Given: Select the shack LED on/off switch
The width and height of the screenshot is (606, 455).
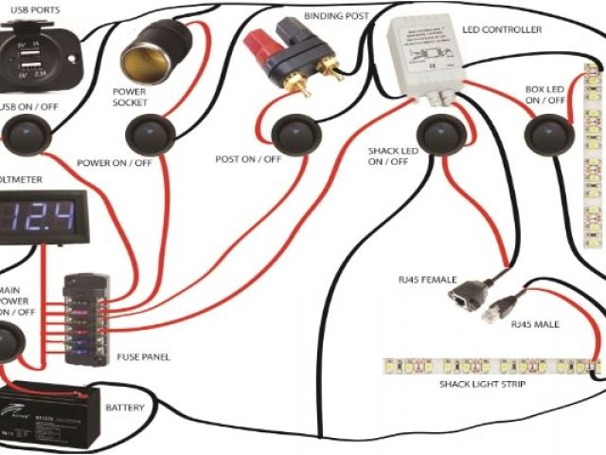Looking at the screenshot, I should click(x=437, y=133).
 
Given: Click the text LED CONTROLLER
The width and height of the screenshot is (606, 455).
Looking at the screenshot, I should click(x=501, y=30).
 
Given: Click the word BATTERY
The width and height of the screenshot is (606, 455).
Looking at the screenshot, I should click(x=125, y=407).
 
